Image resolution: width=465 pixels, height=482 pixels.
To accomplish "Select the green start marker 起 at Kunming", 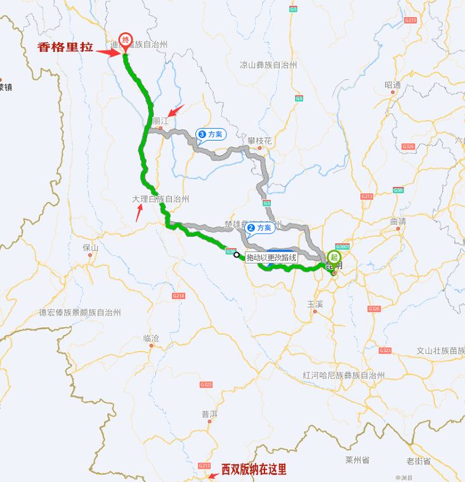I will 334,257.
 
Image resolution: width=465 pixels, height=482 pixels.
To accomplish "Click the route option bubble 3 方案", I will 211,134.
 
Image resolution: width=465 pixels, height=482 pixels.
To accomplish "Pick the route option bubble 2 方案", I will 259,227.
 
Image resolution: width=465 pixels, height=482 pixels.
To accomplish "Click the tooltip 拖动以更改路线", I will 271,257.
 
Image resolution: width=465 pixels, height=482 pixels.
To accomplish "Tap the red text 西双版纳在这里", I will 254,469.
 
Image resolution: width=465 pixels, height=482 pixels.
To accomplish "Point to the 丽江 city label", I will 160,120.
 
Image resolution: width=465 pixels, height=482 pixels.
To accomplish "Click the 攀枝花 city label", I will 259,141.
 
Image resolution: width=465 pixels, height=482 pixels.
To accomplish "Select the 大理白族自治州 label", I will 160,199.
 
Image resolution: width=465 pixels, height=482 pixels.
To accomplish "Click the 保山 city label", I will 91,248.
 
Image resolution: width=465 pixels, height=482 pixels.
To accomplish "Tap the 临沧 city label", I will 152,338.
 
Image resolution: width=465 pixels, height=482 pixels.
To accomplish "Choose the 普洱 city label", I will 209,414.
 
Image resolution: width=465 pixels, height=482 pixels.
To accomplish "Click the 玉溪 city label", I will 315,304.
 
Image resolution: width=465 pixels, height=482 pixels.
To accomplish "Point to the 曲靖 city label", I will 398,222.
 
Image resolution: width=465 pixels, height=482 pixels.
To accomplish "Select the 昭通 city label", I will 393,86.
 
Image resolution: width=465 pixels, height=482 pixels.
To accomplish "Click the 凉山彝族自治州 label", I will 268,65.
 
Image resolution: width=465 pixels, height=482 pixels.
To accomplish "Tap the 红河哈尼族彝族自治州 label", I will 344,375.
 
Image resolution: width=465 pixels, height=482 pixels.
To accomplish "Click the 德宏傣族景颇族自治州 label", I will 80,312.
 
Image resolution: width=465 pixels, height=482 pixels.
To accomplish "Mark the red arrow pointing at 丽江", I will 175,110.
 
